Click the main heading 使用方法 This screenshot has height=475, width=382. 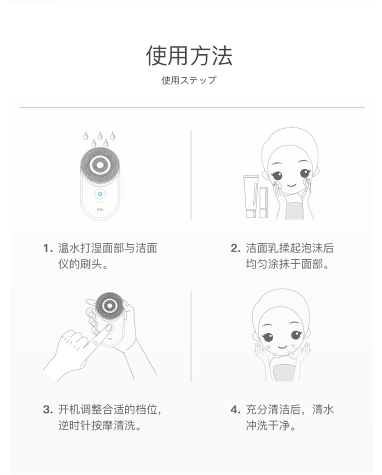[189, 56]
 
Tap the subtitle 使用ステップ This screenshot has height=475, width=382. [189, 80]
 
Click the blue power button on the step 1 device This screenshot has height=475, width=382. [100, 194]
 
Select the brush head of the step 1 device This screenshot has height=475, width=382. [100, 164]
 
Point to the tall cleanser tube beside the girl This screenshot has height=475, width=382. [251, 196]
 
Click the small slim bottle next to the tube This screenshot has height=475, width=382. [264, 202]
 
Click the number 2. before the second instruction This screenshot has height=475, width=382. [235, 248]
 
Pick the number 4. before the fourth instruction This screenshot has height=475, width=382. [235, 410]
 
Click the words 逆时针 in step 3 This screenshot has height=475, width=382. [74, 425]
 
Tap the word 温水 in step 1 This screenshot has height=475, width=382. [69, 248]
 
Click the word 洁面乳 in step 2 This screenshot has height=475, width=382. [263, 248]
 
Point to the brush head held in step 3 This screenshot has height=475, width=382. [109, 306]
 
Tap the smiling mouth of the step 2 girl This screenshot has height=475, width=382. [291, 184]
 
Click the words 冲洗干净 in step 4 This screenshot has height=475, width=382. [268, 425]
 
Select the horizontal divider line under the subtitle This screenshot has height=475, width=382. [192, 107]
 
